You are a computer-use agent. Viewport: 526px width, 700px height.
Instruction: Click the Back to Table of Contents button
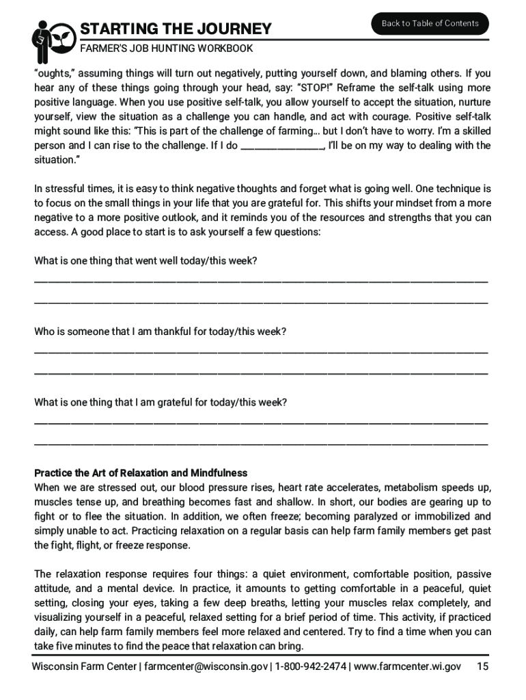(x=430, y=23)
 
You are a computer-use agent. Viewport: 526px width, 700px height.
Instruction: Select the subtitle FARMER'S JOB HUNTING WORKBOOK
(x=167, y=49)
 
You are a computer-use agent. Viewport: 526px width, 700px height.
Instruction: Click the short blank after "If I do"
(x=282, y=146)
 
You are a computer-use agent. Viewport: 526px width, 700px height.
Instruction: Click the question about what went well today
(x=146, y=261)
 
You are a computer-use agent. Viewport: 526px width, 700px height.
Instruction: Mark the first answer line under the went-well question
(x=261, y=281)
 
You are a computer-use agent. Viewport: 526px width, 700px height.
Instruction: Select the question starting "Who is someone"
(x=160, y=332)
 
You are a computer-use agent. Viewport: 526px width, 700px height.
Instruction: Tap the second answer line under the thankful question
(x=261, y=373)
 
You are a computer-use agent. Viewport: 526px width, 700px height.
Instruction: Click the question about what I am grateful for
(x=161, y=403)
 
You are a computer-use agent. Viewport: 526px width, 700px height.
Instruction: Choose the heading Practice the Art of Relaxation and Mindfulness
(x=141, y=473)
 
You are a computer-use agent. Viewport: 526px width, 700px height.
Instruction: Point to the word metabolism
(x=409, y=487)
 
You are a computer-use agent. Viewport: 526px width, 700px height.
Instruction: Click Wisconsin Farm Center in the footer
(x=85, y=667)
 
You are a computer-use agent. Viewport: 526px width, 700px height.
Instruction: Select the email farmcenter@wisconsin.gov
(x=206, y=667)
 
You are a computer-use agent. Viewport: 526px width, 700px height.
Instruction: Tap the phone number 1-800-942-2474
(x=311, y=667)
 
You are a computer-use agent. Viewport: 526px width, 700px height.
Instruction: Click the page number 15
(x=482, y=667)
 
